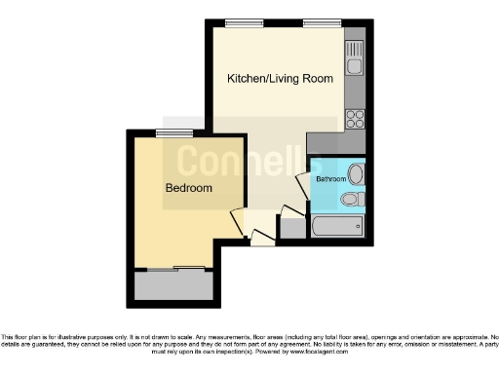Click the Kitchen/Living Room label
click(x=280, y=78)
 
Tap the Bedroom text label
click(x=188, y=187)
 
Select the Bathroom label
click(x=329, y=179)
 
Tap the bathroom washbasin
click(x=356, y=175)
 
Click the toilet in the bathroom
click(x=352, y=200)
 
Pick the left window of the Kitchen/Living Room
click(x=238, y=23)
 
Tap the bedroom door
click(x=237, y=222)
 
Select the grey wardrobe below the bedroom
click(x=173, y=284)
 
